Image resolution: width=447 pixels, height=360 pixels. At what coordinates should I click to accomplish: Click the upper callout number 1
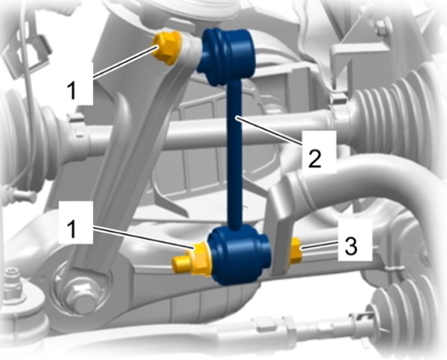73,89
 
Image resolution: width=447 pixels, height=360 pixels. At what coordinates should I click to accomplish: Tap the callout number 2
314,158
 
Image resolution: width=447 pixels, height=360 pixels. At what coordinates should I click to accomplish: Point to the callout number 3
351,245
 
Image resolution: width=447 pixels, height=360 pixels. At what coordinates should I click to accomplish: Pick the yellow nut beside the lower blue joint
200,259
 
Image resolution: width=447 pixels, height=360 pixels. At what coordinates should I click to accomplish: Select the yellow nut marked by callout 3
295,251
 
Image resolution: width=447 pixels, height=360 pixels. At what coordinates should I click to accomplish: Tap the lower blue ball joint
239,254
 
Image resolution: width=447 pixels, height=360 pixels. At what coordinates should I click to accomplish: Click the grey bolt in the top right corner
383,27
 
